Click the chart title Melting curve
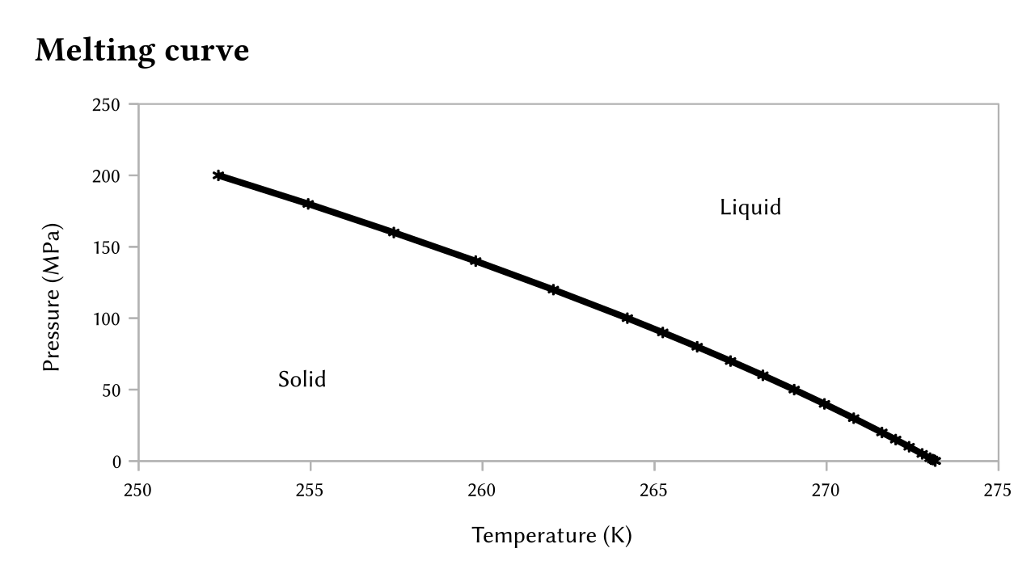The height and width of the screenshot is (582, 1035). [142, 50]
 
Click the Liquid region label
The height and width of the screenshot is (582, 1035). [750, 208]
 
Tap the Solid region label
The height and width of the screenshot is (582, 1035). [302, 379]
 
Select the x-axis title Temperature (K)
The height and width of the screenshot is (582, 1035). [551, 535]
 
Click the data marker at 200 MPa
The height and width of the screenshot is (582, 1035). [218, 175]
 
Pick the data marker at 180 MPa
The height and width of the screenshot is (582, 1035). [308, 204]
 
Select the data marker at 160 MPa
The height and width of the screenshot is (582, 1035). [394, 233]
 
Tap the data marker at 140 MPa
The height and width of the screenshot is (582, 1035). [476, 261]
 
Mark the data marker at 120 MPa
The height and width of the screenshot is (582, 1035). [553, 289]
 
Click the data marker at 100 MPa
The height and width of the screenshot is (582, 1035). [627, 318]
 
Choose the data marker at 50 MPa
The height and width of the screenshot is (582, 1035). [794, 390]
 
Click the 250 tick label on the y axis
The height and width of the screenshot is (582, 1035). [109, 104]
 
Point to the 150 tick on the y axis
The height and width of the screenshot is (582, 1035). [109, 247]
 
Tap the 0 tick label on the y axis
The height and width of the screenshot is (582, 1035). [116, 462]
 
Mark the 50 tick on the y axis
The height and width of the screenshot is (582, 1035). [112, 390]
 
